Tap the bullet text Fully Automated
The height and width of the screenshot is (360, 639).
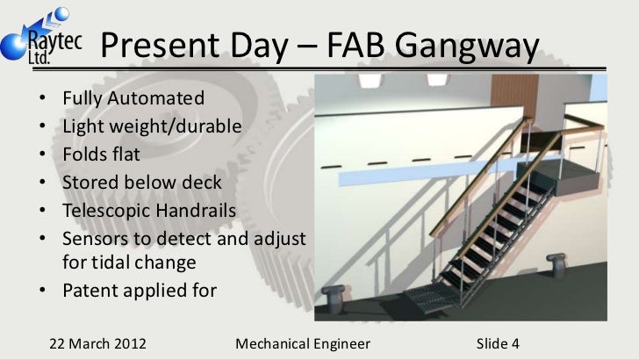(133, 97)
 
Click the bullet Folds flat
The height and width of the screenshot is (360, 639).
(101, 155)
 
